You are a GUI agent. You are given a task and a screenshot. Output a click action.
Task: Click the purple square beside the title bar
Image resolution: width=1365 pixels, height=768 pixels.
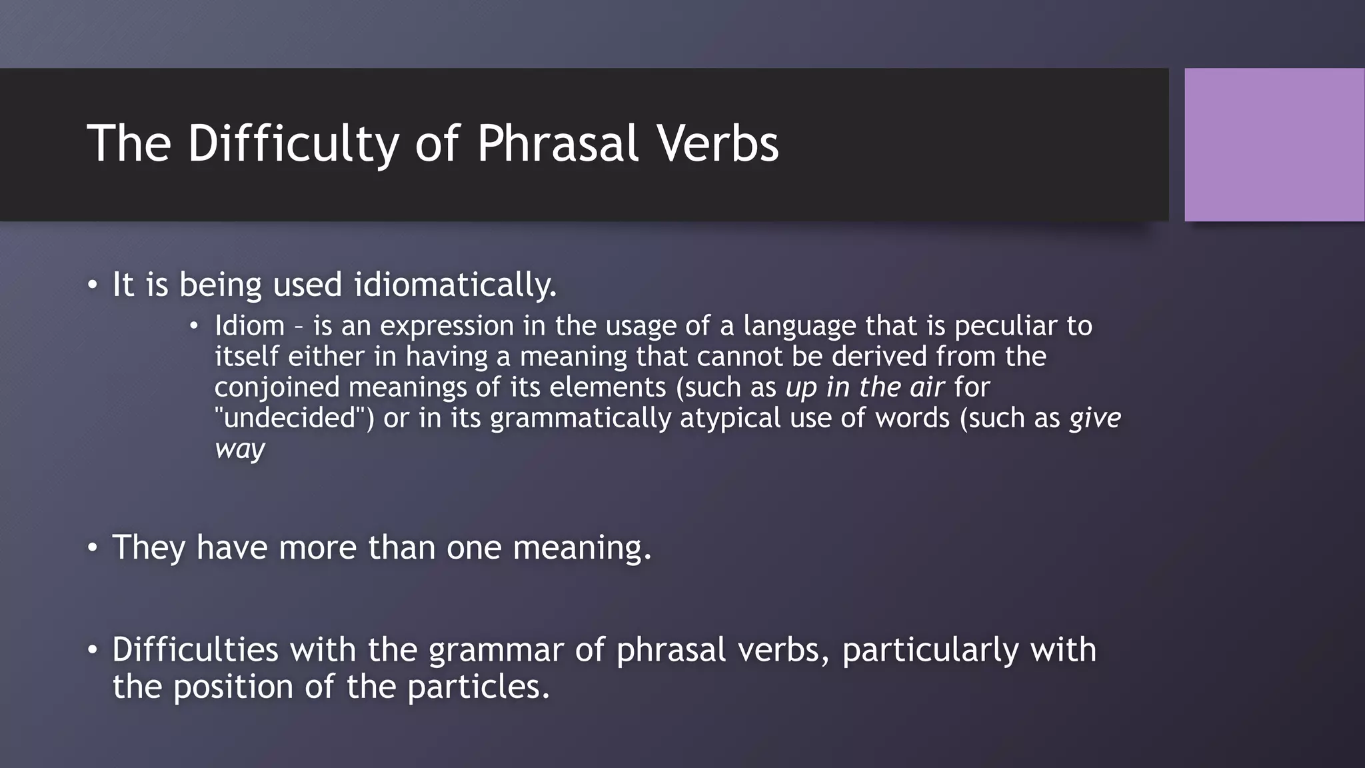[1274, 145]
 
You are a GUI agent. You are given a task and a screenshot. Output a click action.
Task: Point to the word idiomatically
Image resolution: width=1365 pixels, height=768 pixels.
[455, 285]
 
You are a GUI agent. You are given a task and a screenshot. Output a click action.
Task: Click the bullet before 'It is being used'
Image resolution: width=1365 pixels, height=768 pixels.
[92, 285]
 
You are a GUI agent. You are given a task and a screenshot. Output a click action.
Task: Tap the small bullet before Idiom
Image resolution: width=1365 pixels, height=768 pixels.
[194, 326]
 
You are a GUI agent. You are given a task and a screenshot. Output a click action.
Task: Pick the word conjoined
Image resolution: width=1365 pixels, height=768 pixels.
[277, 387]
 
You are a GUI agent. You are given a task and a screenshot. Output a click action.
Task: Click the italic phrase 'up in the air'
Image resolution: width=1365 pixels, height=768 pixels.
[864, 387]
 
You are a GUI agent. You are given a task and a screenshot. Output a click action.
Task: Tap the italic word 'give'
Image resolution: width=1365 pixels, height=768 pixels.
[1095, 418]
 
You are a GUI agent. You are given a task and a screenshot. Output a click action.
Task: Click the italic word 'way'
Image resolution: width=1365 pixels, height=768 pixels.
[240, 449]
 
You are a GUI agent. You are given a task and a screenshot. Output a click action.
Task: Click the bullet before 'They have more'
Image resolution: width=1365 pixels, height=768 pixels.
[92, 548]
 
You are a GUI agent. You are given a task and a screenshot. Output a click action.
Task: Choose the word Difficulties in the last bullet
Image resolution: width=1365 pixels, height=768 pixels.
[195, 649]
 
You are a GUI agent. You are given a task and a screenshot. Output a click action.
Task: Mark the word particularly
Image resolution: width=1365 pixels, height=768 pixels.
[930, 649]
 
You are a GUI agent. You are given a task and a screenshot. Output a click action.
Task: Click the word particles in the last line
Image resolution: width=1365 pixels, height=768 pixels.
[477, 687]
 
